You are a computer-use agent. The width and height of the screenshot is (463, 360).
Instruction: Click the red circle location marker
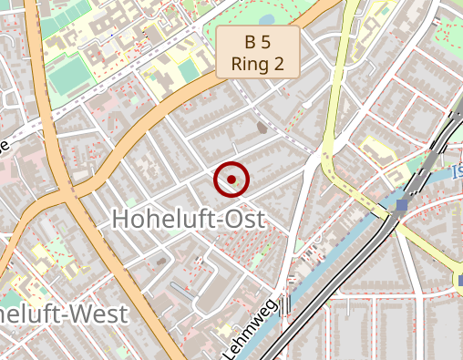(x=231, y=180)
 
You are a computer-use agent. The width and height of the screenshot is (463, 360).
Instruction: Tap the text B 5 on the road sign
(x=258, y=42)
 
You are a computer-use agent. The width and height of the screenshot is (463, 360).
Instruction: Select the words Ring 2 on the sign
(x=258, y=64)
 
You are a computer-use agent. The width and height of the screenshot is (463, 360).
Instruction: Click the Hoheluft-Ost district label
(x=187, y=219)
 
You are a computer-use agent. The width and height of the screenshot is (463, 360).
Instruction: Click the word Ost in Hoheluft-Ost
(x=240, y=219)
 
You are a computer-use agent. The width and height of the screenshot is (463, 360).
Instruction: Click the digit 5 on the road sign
(x=267, y=42)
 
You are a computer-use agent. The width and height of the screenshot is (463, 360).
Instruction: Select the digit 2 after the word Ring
(x=279, y=64)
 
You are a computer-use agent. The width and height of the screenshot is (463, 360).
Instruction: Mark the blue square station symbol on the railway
(x=402, y=206)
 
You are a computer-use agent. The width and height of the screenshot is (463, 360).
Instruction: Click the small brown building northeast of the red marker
(x=263, y=129)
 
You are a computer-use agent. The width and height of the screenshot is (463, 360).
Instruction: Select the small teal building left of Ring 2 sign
(x=190, y=70)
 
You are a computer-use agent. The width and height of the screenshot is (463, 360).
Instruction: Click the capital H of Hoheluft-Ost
(x=119, y=219)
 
